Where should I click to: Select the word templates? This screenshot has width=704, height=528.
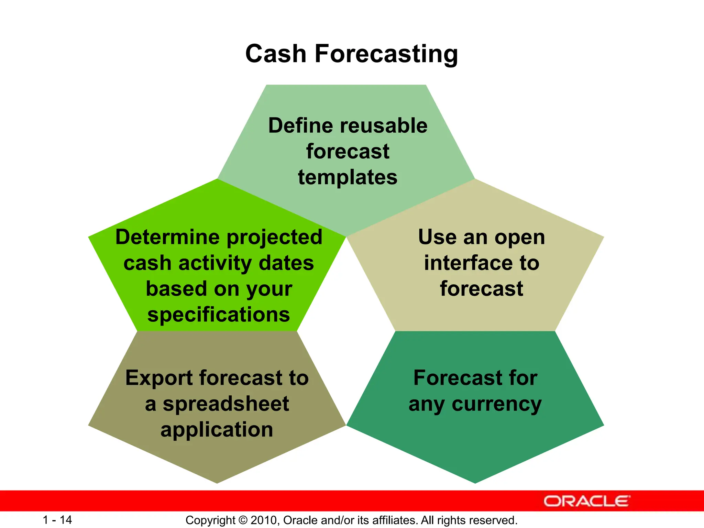tap(348, 177)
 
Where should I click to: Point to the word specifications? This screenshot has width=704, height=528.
tap(219, 315)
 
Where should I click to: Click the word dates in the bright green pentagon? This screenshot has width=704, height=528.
tap(286, 263)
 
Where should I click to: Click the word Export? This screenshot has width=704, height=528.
tap(159, 378)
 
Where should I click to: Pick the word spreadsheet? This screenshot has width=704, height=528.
tap(225, 404)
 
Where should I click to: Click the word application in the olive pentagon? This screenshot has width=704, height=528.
tap(217, 430)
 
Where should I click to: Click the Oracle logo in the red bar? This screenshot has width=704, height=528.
tap(586, 501)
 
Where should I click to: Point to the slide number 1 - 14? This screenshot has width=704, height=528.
tap(57, 520)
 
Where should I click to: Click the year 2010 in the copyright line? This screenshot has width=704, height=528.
tap(264, 520)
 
